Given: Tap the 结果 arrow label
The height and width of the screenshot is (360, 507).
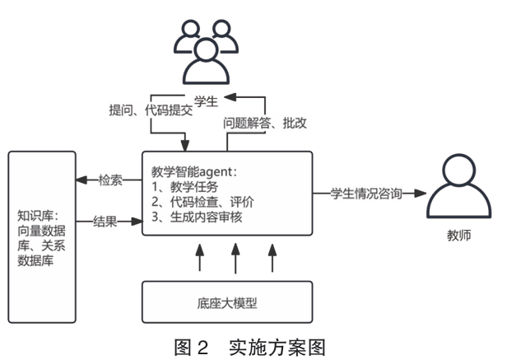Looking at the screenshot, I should pyautogui.click(x=105, y=221).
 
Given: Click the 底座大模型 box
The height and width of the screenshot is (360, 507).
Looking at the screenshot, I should pyautogui.click(x=227, y=302).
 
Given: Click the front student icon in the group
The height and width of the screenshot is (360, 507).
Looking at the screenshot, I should pyautogui.click(x=203, y=63).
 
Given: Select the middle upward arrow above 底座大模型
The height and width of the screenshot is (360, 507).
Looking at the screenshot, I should pyautogui.click(x=235, y=259).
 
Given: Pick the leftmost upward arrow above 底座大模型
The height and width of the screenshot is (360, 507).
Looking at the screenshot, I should pyautogui.click(x=198, y=259).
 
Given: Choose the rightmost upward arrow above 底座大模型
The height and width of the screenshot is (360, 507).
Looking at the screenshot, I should pyautogui.click(x=272, y=259).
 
